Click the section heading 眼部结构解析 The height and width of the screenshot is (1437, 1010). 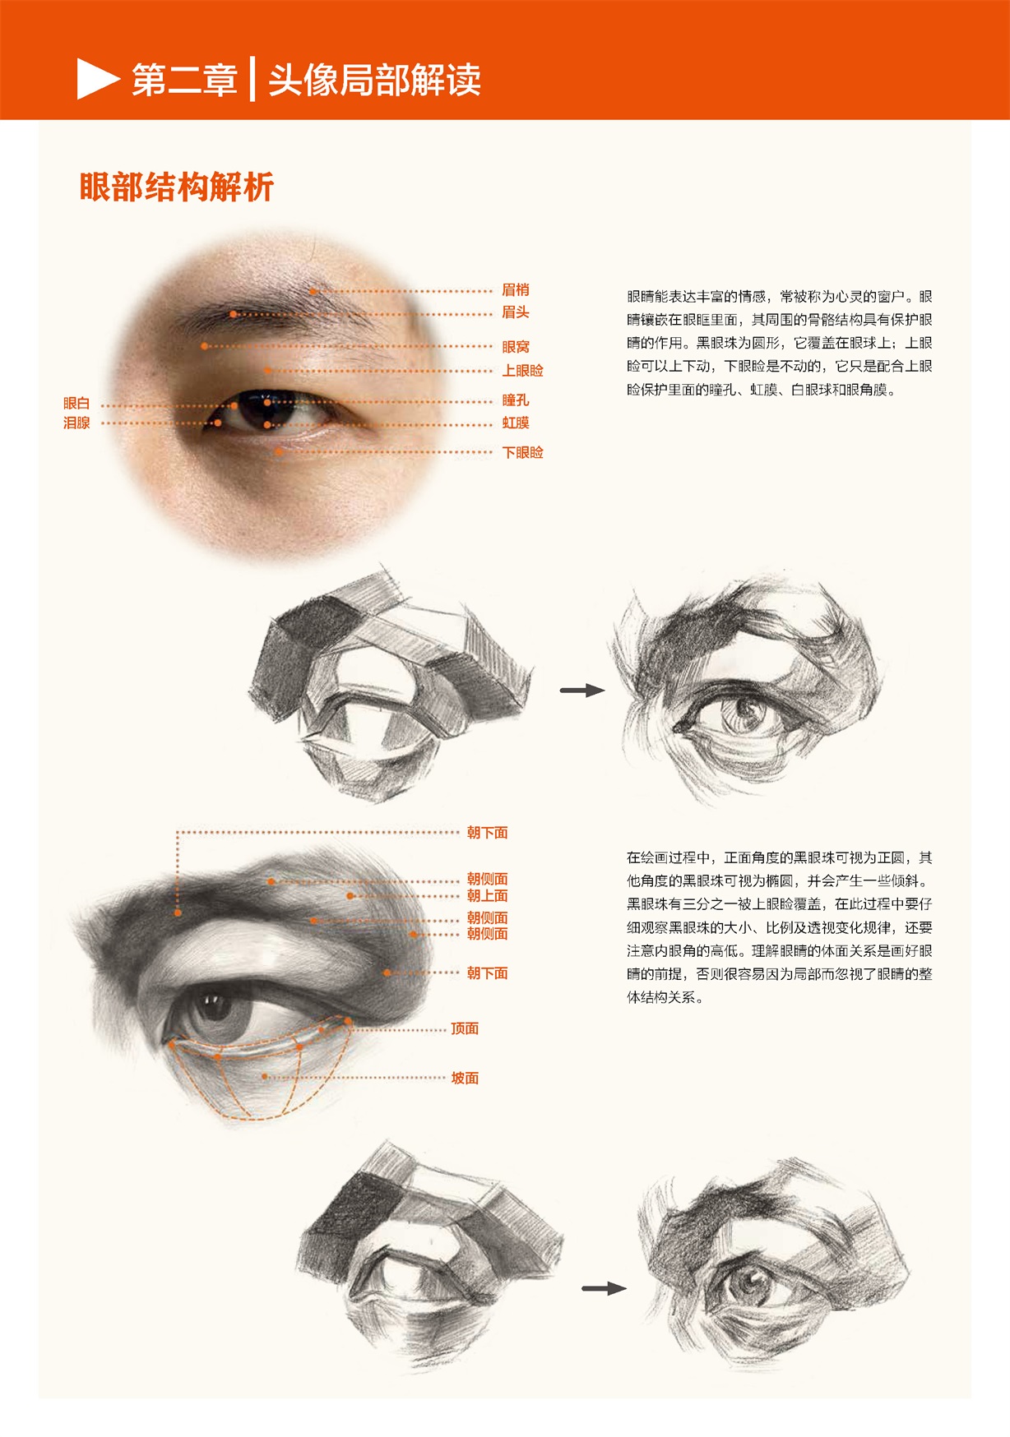pos(177,187)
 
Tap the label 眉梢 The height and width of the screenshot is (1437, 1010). pos(516,289)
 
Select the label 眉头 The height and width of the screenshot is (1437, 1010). pos(516,312)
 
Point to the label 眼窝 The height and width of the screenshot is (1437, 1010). pos(516,347)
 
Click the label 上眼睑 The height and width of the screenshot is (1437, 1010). pos(523,371)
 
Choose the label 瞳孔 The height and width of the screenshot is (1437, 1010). pos(516,400)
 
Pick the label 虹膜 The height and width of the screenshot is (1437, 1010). pos(516,423)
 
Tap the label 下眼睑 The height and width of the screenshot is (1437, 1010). pos(523,452)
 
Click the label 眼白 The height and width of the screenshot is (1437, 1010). pos(76,403)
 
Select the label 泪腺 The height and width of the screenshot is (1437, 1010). pos(76,423)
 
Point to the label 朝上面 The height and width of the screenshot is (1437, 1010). pos(488,895)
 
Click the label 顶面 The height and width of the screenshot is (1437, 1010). pos(465,1028)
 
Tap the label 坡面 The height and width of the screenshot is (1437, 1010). pos(465,1078)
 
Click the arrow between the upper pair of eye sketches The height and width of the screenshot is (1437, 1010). pos(582,691)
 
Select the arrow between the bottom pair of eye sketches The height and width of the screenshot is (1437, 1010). pos(604,1288)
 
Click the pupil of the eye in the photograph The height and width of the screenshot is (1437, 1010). pos(267,402)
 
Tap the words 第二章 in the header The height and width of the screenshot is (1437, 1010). pos(184,80)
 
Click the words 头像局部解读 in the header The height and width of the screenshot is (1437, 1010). pos(375,80)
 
